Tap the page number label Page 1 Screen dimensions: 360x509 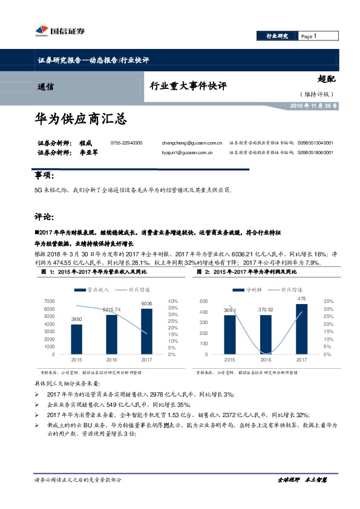click(x=309, y=36)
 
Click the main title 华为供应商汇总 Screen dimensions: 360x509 click(x=80, y=118)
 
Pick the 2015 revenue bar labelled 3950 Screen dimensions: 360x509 click(x=76, y=339)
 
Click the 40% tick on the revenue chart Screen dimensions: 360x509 click(x=172, y=301)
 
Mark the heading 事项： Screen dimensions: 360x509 click(x=44, y=177)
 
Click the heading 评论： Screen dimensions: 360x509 click(x=44, y=216)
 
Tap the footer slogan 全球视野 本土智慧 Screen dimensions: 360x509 click(x=302, y=479)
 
